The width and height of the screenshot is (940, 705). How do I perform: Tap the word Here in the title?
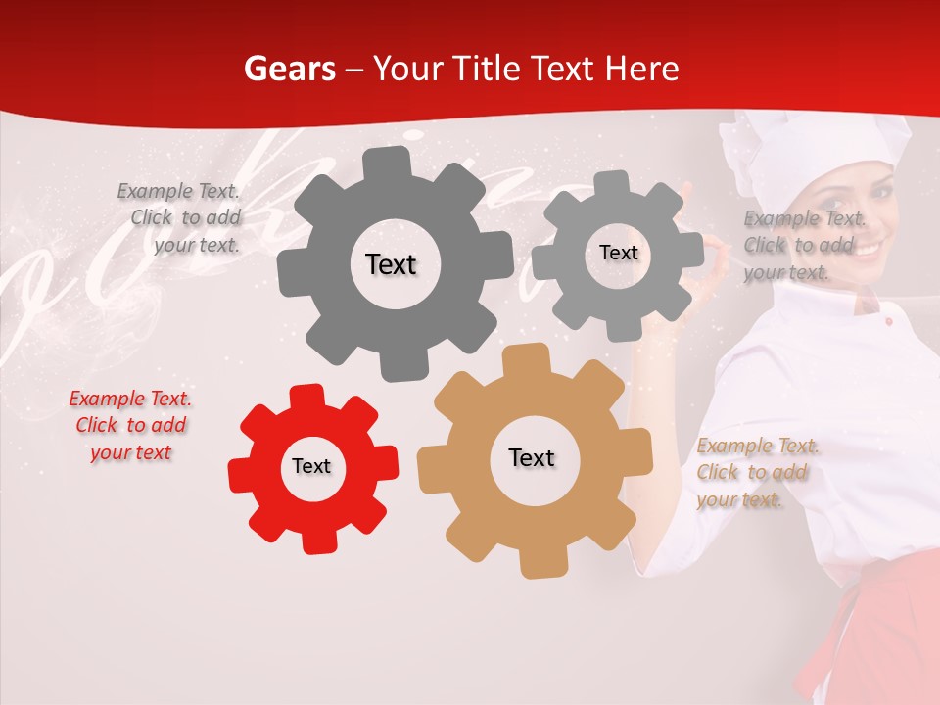tap(641, 69)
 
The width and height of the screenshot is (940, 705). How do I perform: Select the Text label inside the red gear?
tap(311, 467)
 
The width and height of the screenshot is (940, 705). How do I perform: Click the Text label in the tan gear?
tap(532, 458)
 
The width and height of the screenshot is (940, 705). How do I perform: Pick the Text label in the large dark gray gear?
tap(391, 264)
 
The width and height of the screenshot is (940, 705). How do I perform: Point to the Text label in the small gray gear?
tap(618, 253)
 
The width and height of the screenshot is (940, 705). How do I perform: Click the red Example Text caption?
tap(131, 426)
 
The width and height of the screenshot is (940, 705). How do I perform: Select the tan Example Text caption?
tap(757, 473)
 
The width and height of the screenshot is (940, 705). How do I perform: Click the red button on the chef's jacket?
tap(888, 321)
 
